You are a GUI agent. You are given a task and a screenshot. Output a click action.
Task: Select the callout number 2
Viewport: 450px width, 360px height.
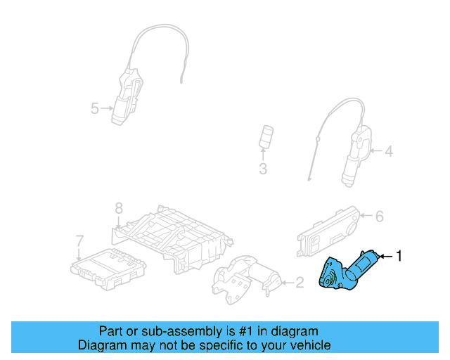click(300, 283)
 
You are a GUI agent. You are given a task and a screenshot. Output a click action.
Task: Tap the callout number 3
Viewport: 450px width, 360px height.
click(263, 169)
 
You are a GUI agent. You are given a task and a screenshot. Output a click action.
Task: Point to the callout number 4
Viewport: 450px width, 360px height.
click(389, 150)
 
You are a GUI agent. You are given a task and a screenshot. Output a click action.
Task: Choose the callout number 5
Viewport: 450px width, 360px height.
click(94, 108)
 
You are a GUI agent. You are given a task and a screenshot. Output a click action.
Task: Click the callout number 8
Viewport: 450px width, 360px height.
click(119, 208)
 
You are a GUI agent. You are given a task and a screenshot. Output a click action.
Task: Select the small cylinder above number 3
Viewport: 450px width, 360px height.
click(266, 136)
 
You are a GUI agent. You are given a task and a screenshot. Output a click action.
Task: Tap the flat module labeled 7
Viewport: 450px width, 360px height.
click(109, 266)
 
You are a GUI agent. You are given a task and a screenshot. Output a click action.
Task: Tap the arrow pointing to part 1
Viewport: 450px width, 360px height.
click(385, 257)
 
